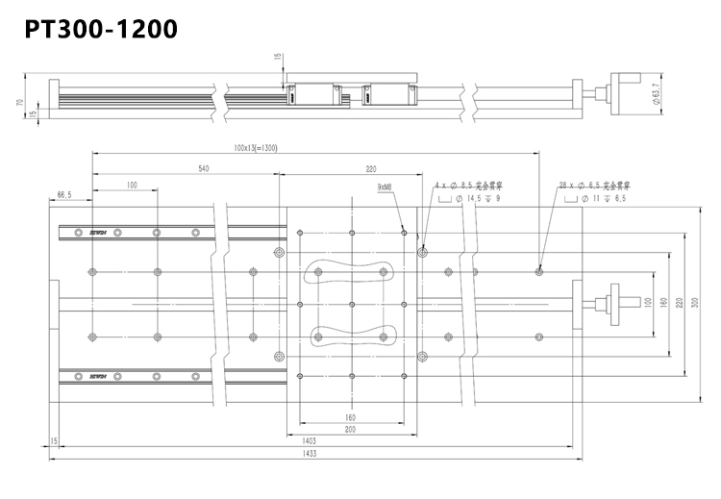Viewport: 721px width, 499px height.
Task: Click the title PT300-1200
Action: tap(101, 29)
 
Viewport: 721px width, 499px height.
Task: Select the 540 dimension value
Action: tap(203, 168)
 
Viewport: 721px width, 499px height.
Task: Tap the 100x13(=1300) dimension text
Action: tap(255, 149)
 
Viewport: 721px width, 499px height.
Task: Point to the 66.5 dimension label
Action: tap(65, 195)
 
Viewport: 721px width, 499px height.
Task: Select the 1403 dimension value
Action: tap(310, 441)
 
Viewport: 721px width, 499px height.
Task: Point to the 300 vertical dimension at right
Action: tap(695, 303)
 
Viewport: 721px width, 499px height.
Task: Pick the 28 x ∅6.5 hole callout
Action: tap(592, 184)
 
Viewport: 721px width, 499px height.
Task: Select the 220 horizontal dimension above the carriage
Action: tap(371, 168)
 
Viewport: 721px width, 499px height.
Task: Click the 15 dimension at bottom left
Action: tap(54, 441)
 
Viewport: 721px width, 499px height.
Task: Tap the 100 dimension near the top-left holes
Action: tap(132, 184)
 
